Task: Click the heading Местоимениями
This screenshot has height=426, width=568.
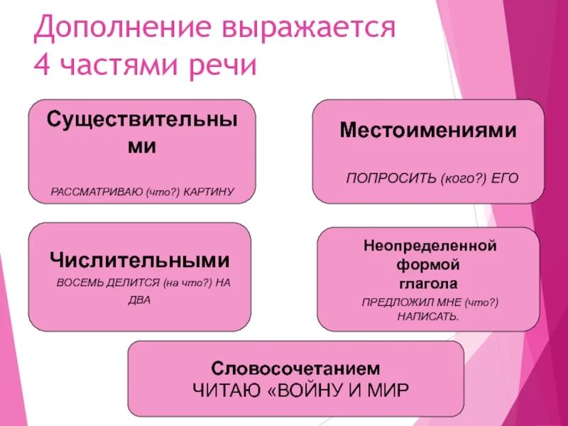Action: tap(427, 131)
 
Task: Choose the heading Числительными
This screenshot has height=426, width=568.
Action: tap(139, 260)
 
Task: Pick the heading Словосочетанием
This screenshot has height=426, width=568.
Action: tap(296, 369)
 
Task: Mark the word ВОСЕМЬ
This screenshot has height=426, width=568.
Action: tap(77, 283)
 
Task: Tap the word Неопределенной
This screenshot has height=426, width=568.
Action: tap(428, 247)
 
